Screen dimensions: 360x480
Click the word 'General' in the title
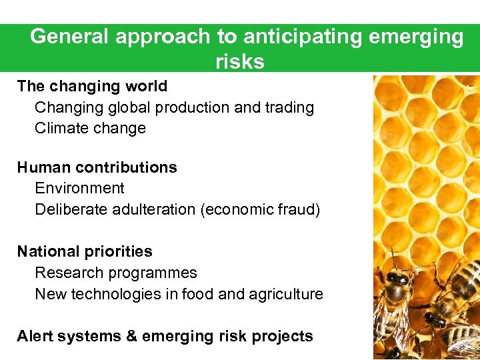click(70, 37)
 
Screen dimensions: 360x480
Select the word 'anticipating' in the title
click(293, 37)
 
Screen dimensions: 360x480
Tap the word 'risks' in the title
click(240, 61)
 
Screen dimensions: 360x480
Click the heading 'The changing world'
click(92, 86)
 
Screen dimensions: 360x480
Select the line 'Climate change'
click(90, 129)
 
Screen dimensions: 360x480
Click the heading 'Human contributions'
click(97, 167)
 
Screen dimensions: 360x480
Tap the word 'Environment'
click(79, 189)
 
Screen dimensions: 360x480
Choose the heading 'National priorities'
click(85, 251)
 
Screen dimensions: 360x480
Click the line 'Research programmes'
click(116, 273)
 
